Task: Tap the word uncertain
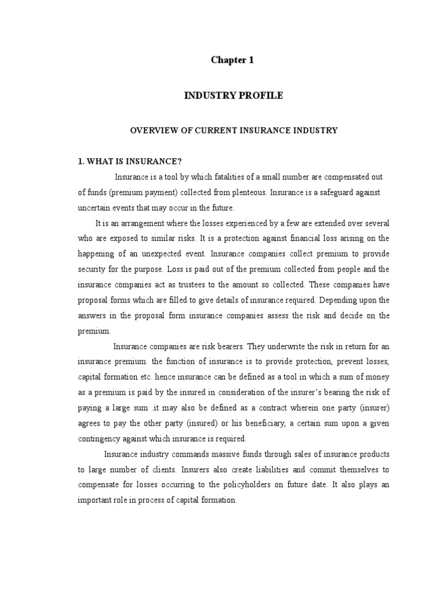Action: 94,207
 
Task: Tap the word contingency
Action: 99,438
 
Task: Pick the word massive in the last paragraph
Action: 218,454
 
